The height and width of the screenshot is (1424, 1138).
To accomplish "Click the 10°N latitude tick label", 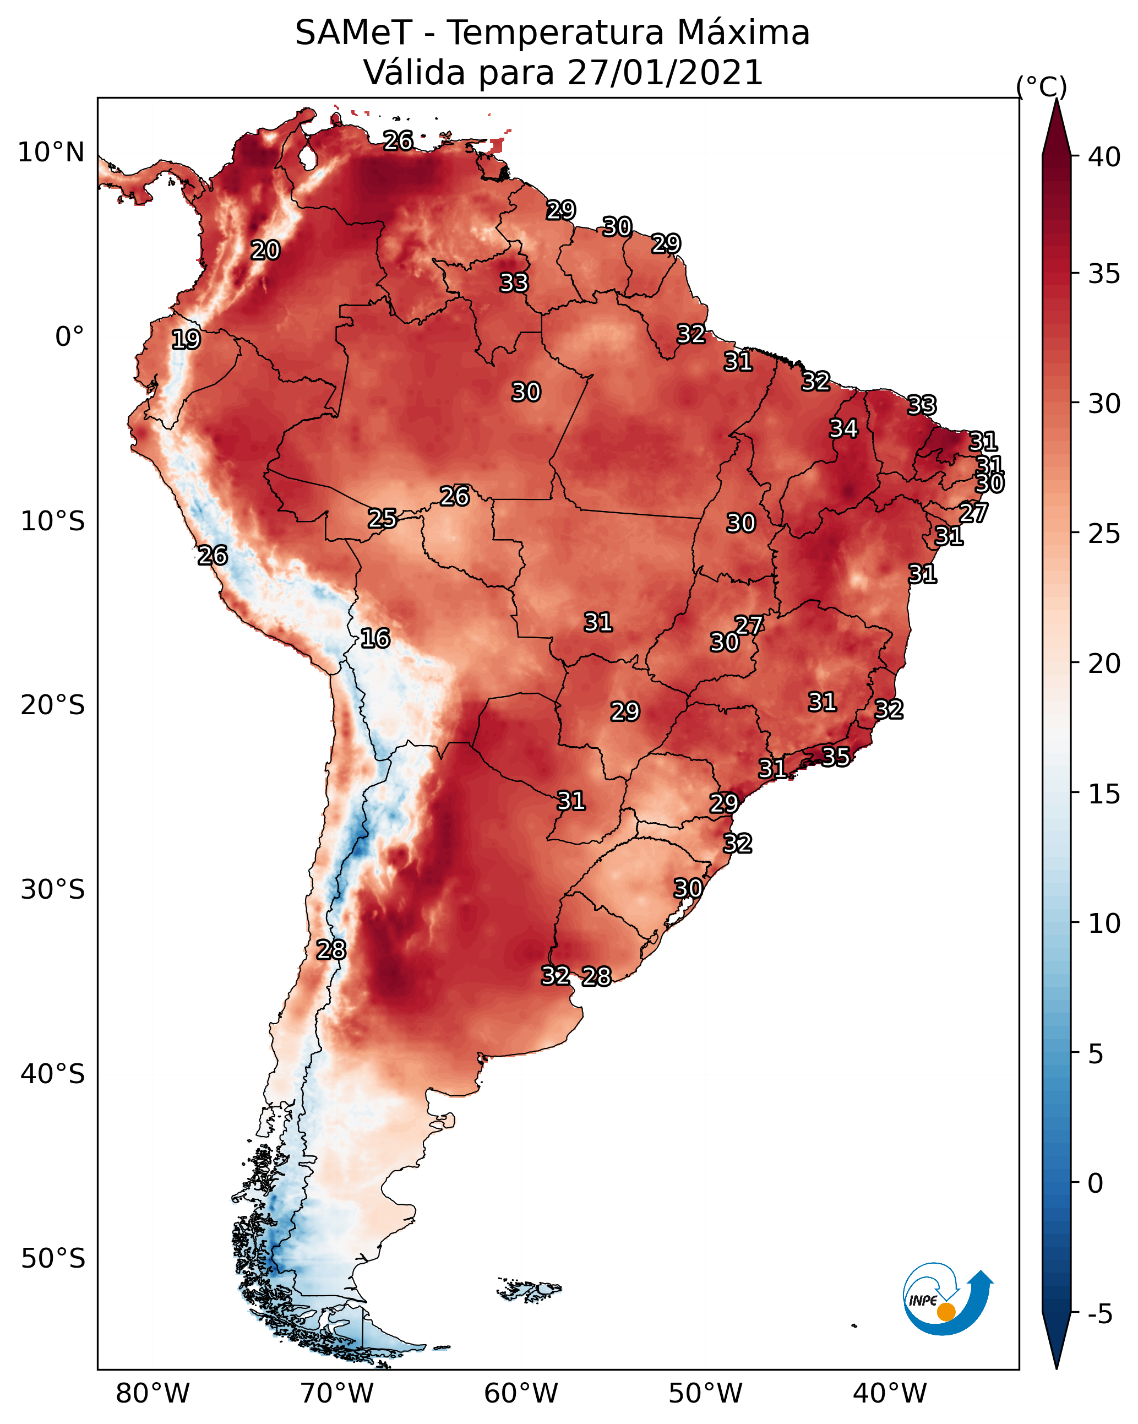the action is pyautogui.click(x=51, y=153).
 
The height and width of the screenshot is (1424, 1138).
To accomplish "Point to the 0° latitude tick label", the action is pyautogui.click(x=70, y=337).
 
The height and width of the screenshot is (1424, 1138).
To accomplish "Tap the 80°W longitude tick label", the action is pyautogui.click(x=153, y=1394).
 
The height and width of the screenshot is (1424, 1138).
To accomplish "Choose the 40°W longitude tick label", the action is pyautogui.click(x=890, y=1394).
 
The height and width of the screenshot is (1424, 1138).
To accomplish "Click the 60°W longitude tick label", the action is pyautogui.click(x=521, y=1394).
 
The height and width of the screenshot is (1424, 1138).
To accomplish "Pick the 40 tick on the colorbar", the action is pyautogui.click(x=1104, y=157).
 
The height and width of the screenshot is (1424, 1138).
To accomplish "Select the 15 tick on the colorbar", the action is pyautogui.click(x=1104, y=794).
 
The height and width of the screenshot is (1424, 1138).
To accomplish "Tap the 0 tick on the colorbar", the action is pyautogui.click(x=1096, y=1183).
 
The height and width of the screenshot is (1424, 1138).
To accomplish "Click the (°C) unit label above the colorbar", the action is pyautogui.click(x=1042, y=86).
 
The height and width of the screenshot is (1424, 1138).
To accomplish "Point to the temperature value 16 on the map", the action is pyautogui.click(x=375, y=639).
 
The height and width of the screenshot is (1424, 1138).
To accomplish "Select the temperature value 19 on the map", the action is pyautogui.click(x=186, y=340).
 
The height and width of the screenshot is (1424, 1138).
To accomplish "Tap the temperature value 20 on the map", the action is pyautogui.click(x=265, y=251).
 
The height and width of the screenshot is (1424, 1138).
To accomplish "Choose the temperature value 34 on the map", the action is pyautogui.click(x=844, y=428).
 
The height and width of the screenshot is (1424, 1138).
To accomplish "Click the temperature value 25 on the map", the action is pyautogui.click(x=383, y=519).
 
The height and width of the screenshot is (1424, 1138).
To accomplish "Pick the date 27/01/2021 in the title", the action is pyautogui.click(x=665, y=73).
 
